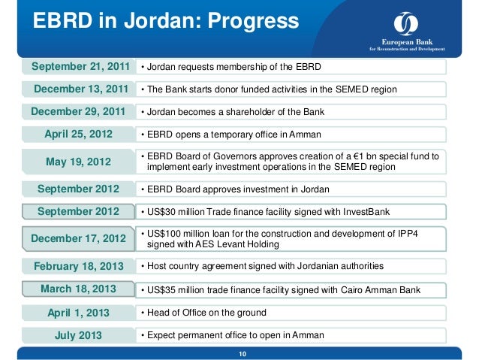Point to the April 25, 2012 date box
(x=79, y=135)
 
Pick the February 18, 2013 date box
(x=79, y=265)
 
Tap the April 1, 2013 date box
(x=79, y=313)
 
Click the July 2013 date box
(x=79, y=335)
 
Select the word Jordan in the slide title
(x=157, y=23)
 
